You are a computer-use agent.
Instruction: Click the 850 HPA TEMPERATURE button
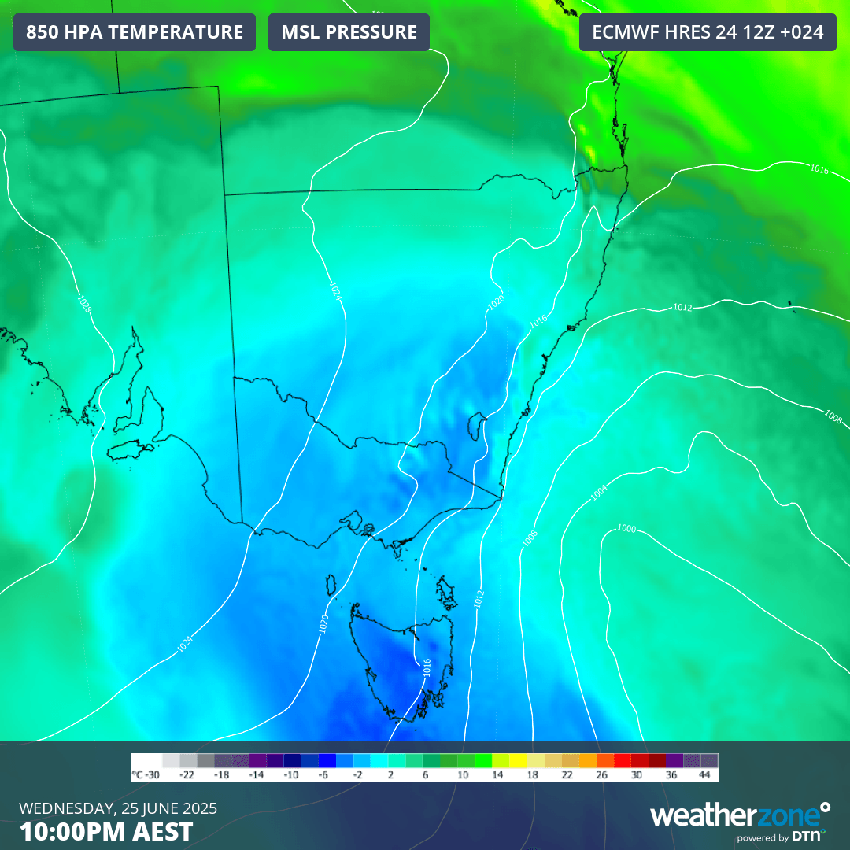coord(135,32)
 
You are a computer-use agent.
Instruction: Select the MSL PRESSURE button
coord(349,32)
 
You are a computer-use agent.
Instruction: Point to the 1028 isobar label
coord(84,304)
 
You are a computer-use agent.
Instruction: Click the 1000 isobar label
coord(626,528)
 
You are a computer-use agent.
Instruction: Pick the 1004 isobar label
coord(599,493)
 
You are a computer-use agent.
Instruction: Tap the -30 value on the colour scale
coord(146,775)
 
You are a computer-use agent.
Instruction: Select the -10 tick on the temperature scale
coord(292,775)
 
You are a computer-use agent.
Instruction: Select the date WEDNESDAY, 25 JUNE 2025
coord(118,808)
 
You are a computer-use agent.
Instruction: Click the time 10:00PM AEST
coord(105,832)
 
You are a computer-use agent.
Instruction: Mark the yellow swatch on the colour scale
coord(518,761)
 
